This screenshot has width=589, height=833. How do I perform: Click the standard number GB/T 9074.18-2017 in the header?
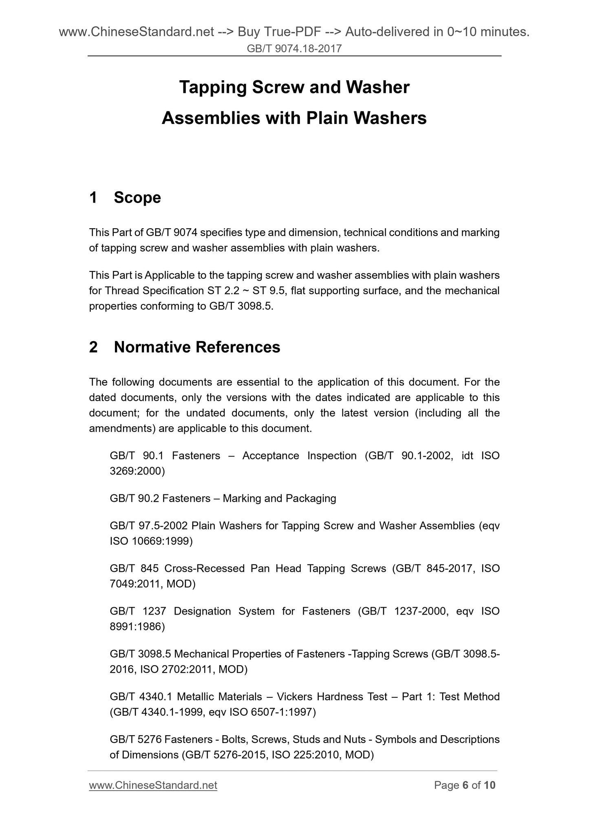[x=294, y=49]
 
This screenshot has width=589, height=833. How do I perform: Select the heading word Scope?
[x=137, y=198]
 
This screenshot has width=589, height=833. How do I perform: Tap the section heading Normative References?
[x=197, y=347]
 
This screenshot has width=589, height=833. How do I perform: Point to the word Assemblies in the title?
[x=210, y=119]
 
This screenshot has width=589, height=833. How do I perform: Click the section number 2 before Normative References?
[x=93, y=347]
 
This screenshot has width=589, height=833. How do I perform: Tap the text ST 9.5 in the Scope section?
[x=268, y=291]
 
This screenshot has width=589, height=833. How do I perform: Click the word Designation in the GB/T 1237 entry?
[x=202, y=611]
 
